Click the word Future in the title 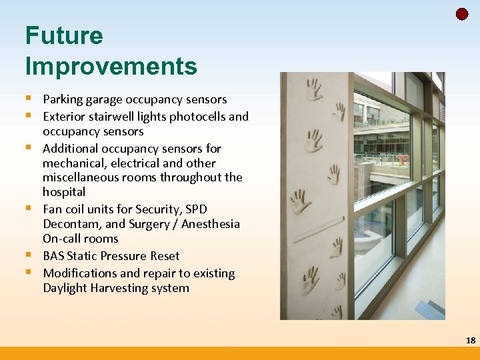click(x=64, y=35)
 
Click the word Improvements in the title click(x=111, y=66)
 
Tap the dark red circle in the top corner click(x=462, y=14)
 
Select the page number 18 click(x=471, y=340)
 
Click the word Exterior click(x=65, y=117)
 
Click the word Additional click(x=71, y=149)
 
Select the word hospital click(x=64, y=192)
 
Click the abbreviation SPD click(x=195, y=209)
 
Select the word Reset click(x=164, y=256)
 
